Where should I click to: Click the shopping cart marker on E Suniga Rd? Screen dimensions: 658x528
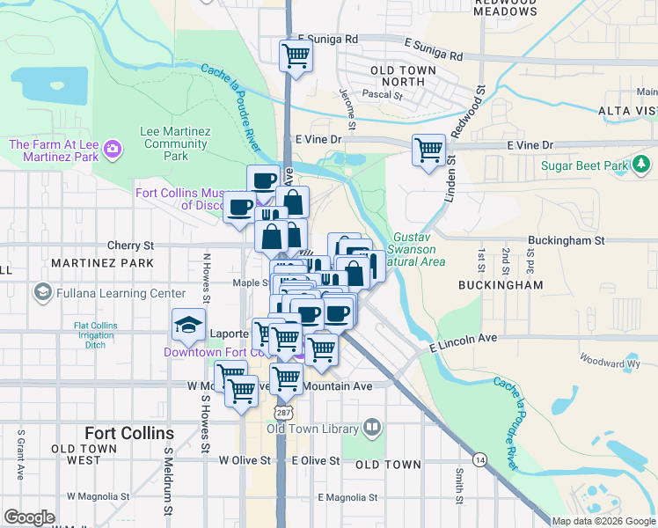pyautogui.click(x=296, y=56)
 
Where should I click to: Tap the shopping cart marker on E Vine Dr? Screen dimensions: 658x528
pyautogui.click(x=428, y=150)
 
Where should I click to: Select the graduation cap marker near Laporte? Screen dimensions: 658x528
pyautogui.click(x=188, y=326)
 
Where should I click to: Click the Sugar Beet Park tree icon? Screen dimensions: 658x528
pyautogui.click(x=641, y=165)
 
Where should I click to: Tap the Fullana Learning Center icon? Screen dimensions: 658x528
pyautogui.click(x=41, y=292)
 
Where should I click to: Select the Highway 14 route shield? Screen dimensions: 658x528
pyautogui.click(x=479, y=459)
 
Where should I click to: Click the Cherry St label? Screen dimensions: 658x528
pyautogui.click(x=130, y=246)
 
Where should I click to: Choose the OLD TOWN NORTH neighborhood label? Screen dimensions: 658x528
pyautogui.click(x=398, y=76)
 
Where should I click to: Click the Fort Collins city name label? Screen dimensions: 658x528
pyautogui.click(x=128, y=433)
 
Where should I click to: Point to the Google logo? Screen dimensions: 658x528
pyautogui.click(x=29, y=517)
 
